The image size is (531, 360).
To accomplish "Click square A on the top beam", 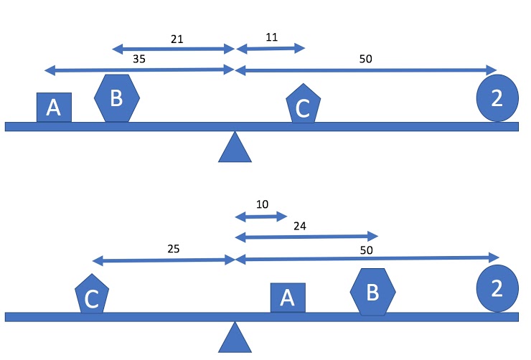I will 54,108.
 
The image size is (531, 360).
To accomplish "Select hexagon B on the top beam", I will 116,98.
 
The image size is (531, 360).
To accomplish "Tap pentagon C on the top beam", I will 302,105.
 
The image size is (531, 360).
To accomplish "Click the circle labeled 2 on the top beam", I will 497,98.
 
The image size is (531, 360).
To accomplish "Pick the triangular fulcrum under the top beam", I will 235,148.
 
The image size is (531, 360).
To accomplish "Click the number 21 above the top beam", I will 177,39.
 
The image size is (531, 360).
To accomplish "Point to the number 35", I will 140,60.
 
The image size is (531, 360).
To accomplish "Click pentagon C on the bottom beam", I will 92,295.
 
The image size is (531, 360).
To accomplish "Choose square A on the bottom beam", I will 288,298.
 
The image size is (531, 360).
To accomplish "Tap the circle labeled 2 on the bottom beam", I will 497,288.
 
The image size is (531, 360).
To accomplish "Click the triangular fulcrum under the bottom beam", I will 235,338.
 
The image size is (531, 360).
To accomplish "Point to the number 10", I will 262,204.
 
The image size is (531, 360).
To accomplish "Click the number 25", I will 173,249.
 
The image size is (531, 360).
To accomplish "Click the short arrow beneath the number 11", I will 271,49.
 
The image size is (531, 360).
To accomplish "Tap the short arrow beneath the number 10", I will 261,216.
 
